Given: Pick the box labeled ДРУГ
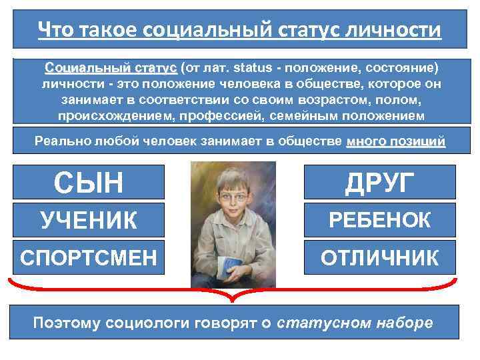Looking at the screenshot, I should click(x=380, y=181).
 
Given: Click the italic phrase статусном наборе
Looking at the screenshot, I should click(x=354, y=323).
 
